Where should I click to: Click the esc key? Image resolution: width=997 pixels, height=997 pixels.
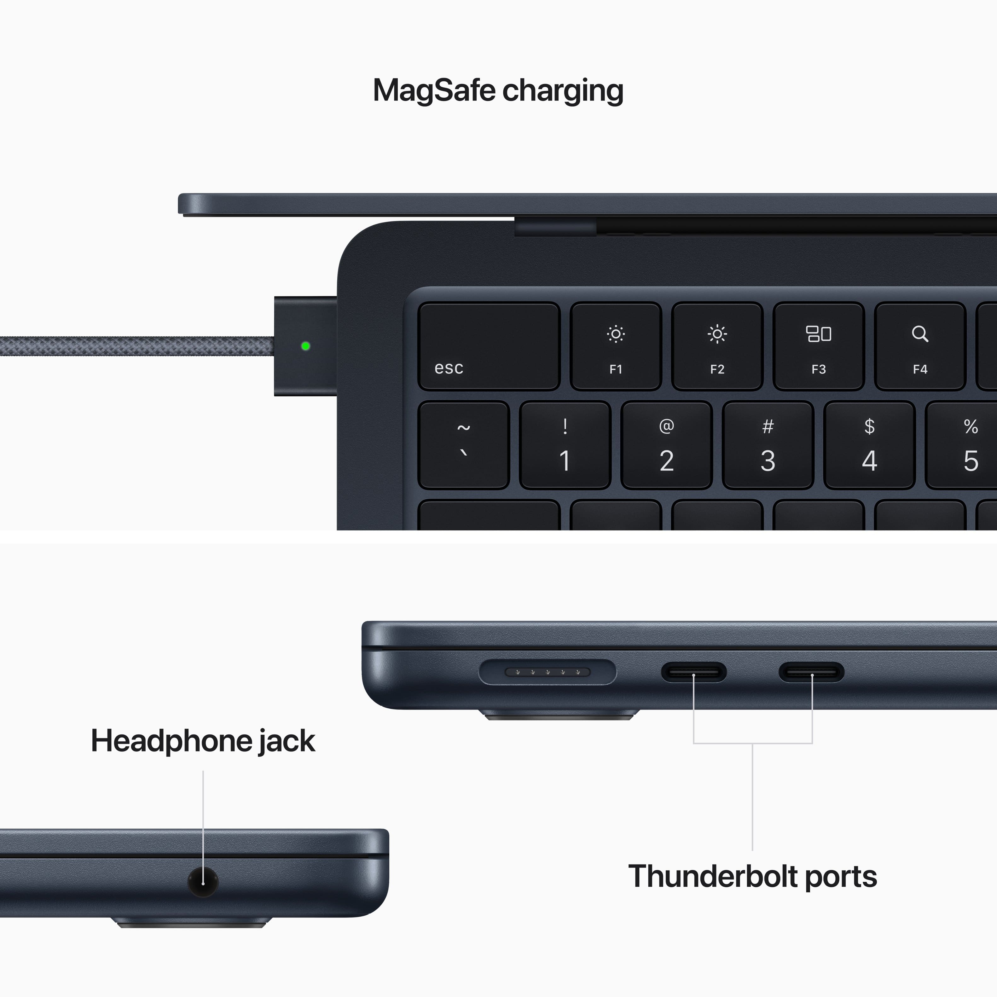tap(489, 346)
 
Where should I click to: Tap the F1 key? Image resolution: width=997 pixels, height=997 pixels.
tap(616, 346)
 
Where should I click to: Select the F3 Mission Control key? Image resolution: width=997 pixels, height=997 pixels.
tap(819, 346)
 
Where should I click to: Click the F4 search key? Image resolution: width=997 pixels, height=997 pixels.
tap(919, 346)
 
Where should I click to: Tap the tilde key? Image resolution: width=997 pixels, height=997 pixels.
tap(463, 445)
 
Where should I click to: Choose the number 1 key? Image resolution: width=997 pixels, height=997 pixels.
tap(565, 445)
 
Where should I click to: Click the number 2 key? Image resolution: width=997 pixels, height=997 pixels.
tap(666, 445)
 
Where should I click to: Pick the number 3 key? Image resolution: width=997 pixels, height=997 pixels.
tap(768, 445)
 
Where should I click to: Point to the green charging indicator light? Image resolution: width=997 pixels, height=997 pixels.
tap(305, 346)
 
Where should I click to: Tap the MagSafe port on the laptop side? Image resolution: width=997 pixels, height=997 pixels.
tap(547, 672)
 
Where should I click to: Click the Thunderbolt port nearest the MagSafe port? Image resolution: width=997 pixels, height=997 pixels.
tap(693, 672)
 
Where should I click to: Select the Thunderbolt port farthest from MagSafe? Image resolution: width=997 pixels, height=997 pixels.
tap(811, 672)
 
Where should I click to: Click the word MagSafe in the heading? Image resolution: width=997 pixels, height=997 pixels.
tap(433, 90)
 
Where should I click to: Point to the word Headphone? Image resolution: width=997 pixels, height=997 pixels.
tap(170, 741)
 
